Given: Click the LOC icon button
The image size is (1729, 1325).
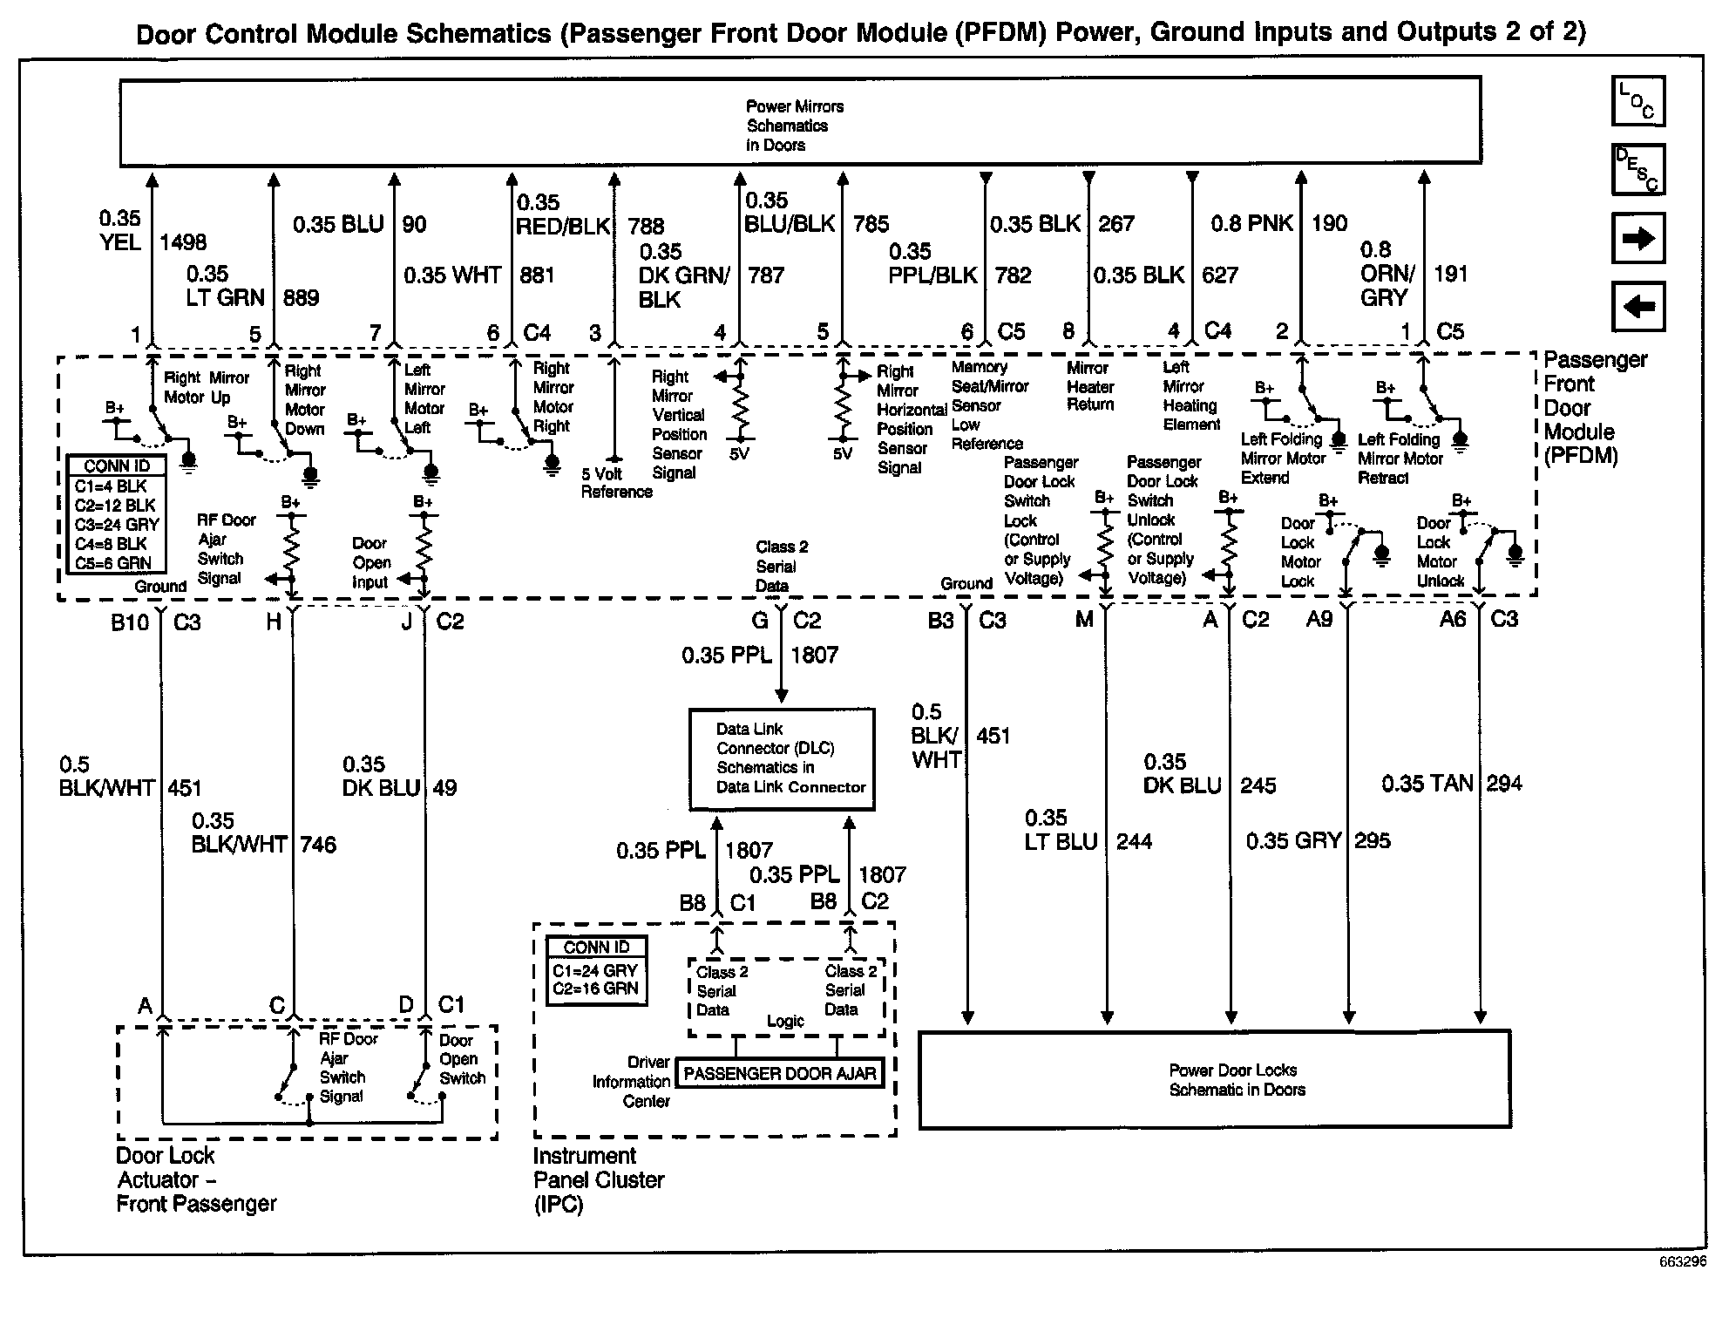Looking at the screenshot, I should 1638,101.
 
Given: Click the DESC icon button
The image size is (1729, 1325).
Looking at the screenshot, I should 1638,169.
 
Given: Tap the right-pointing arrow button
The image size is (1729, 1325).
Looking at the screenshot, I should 1638,238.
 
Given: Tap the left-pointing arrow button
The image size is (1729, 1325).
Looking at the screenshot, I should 1638,307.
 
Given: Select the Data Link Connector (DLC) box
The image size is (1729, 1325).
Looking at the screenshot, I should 782,758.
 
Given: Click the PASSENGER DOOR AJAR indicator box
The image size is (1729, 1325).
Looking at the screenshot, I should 780,1074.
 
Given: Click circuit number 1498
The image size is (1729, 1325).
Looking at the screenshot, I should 183,242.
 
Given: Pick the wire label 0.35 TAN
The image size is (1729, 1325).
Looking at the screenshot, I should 1427,784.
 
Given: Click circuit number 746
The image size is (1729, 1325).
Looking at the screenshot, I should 317,845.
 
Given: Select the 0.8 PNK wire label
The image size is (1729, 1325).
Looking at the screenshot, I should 1251,224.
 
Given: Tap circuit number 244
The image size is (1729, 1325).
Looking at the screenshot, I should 1134,841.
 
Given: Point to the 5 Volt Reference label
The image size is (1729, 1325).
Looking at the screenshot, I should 616,483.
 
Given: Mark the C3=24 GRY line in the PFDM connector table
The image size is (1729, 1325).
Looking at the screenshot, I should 116,525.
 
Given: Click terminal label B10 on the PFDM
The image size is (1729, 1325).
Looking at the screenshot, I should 131,622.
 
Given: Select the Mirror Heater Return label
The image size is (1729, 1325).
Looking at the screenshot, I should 1090,386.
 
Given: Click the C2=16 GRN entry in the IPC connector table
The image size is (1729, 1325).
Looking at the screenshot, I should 595,989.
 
